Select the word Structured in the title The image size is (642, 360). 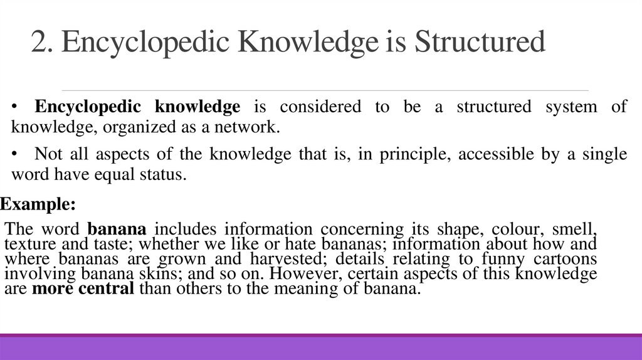pos(481,43)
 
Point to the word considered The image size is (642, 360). pos(320,107)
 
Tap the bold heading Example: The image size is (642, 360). pos(38,204)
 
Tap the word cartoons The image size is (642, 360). pos(562,258)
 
